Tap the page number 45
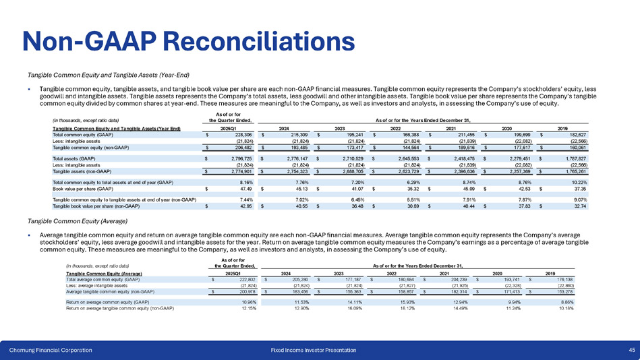pyautogui.click(x=631, y=349)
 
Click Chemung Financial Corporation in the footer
pyautogui.click(x=51, y=349)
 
